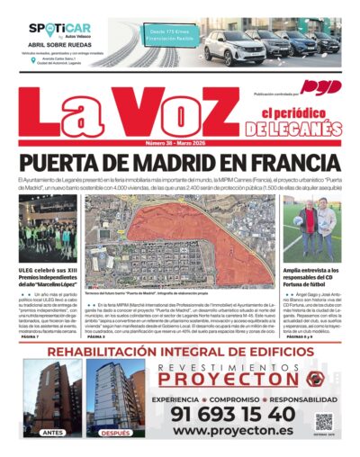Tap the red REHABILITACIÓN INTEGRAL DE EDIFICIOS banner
(x=179, y=352)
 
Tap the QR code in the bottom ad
(x=323, y=421)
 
